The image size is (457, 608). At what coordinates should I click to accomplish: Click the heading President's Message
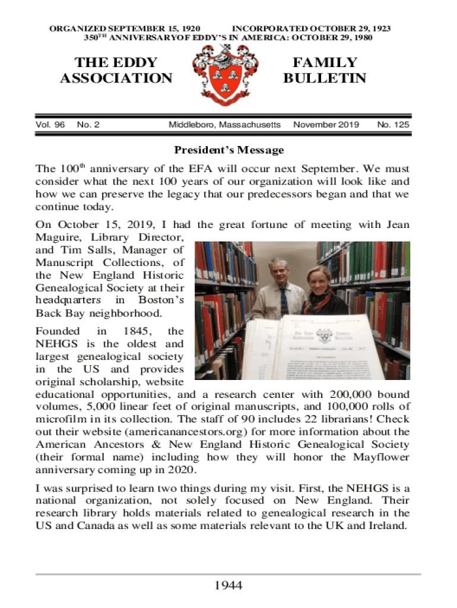point(228,150)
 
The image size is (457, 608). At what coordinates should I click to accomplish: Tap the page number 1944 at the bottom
point(228,586)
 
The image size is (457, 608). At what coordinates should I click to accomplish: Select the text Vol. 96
point(50,125)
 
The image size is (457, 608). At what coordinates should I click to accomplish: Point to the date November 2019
point(326,125)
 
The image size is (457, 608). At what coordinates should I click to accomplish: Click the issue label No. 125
point(393,125)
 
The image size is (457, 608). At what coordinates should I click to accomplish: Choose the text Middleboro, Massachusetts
point(224,125)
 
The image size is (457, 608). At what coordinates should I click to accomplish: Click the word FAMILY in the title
point(325,63)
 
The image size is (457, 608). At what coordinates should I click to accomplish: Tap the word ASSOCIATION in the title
point(116,78)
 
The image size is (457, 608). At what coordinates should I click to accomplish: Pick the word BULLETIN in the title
point(325,78)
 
